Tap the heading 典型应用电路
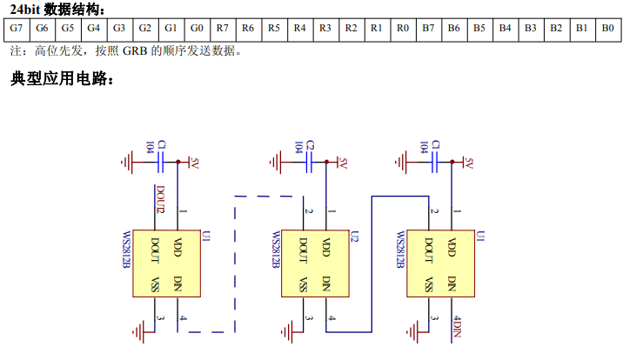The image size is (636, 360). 62,79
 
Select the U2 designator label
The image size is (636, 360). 353,236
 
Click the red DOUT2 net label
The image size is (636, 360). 160,198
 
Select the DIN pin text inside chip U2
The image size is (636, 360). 326,283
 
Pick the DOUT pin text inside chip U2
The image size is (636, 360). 302,250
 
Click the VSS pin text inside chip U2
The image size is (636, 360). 302,284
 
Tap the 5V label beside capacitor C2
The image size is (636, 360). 343,163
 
